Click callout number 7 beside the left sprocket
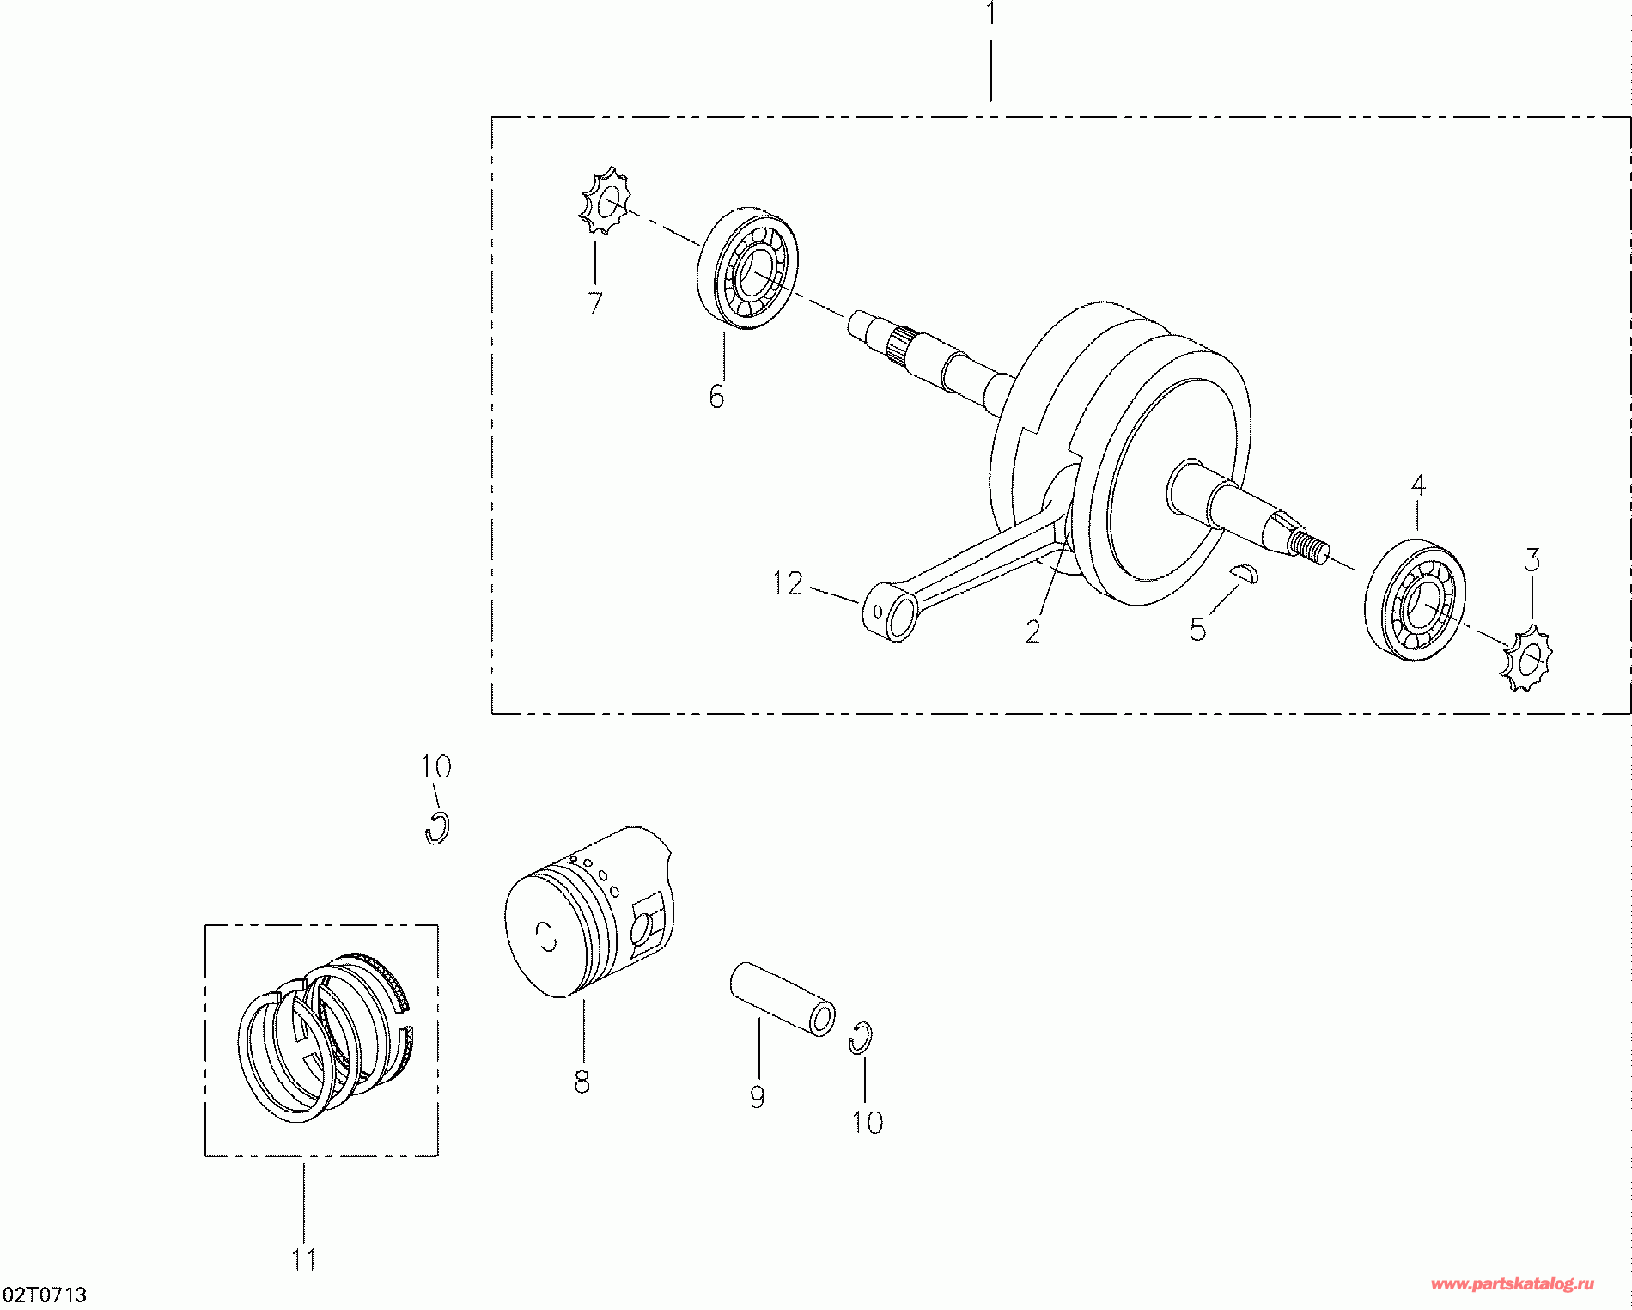594,302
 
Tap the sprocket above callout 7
605,201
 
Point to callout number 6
717,396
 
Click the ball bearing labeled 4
1414,601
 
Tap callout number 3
1532,561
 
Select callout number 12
788,584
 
